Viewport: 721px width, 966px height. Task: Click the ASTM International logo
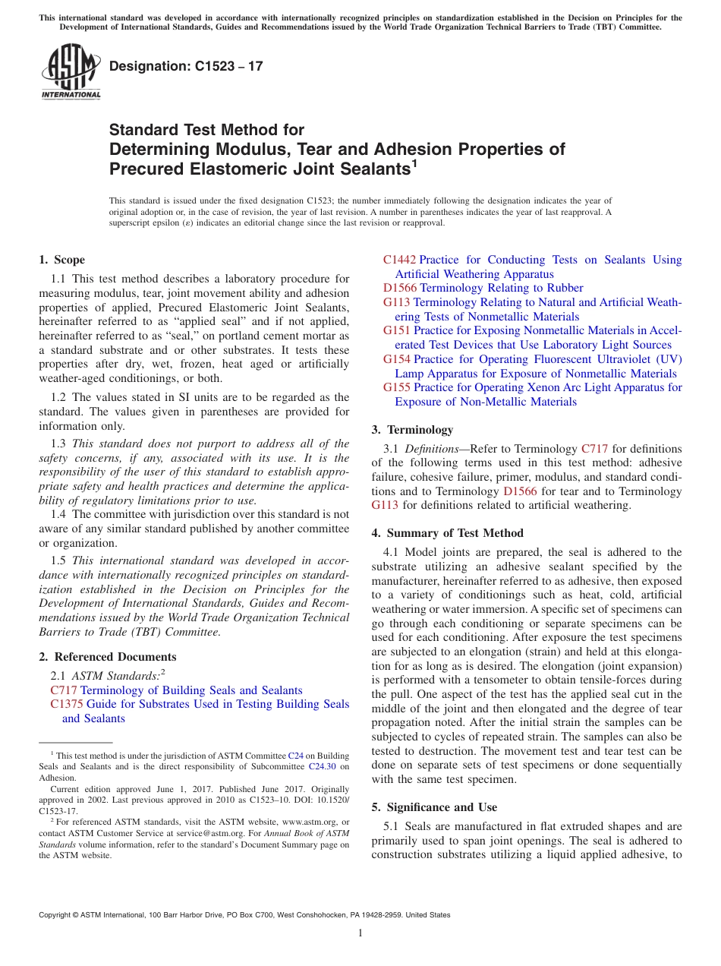(71, 72)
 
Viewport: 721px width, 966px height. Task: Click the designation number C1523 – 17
(186, 66)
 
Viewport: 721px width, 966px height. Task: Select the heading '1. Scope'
(62, 260)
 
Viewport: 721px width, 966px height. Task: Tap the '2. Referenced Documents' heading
(108, 657)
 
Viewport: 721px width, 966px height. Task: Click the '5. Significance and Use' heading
(435, 807)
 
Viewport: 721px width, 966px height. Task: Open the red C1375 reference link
(64, 704)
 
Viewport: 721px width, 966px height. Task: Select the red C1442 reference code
(399, 260)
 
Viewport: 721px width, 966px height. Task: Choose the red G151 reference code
(397, 330)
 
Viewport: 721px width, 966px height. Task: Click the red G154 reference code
(397, 359)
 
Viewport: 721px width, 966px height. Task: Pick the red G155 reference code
(397, 387)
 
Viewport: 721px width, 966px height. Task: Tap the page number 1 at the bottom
(360, 933)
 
